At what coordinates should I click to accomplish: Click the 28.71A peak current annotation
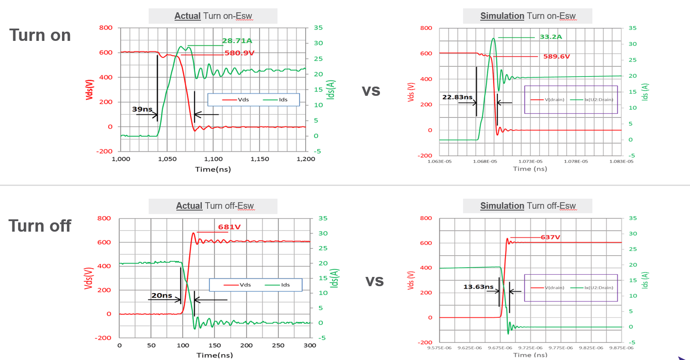click(x=237, y=41)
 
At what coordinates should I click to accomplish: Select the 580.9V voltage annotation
click(x=239, y=53)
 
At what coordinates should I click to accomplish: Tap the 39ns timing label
click(x=142, y=109)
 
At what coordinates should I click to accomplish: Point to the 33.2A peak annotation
click(x=551, y=37)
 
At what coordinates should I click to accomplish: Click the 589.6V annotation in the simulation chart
click(x=556, y=57)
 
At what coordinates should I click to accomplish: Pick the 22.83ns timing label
click(x=457, y=97)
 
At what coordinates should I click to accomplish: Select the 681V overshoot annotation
click(x=229, y=227)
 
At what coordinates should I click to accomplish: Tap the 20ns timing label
click(x=161, y=295)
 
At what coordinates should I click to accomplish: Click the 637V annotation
click(x=550, y=237)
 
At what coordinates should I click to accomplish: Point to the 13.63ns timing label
click(x=478, y=287)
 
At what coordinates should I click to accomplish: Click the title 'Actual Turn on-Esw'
click(x=213, y=16)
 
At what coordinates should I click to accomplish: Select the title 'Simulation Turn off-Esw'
click(x=528, y=206)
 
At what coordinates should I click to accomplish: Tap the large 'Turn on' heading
click(x=40, y=35)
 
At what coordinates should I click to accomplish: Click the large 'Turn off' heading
click(x=40, y=226)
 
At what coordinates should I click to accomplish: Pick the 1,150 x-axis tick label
click(x=259, y=159)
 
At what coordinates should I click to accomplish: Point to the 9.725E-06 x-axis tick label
click(x=530, y=348)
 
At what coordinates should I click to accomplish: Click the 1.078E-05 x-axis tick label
click(x=576, y=161)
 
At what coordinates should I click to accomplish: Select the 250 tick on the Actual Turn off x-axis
click(x=278, y=345)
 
